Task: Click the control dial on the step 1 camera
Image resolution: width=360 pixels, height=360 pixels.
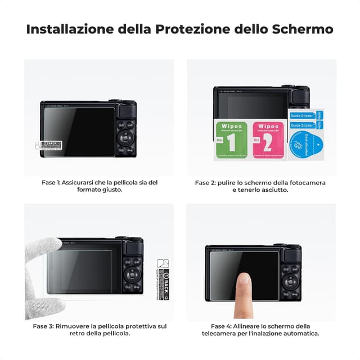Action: [x=125, y=137]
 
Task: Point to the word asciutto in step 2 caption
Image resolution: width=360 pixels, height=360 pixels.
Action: [x=274, y=190]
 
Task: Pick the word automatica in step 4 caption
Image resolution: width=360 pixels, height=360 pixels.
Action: [x=300, y=334]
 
